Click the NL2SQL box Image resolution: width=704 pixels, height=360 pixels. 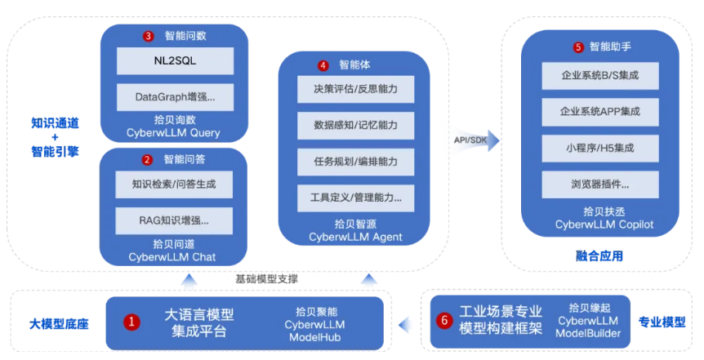[x=174, y=60]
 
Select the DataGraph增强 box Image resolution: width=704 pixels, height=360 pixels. [x=174, y=96]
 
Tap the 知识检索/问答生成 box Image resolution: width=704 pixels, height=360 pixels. [x=173, y=184]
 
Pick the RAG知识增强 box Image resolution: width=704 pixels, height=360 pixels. [x=173, y=220]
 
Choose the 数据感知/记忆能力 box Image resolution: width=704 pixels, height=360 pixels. [x=355, y=125]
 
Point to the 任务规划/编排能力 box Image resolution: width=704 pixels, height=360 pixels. [x=355, y=161]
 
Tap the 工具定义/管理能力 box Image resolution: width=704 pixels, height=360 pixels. [x=355, y=197]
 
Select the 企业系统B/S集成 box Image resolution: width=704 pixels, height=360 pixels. [x=600, y=76]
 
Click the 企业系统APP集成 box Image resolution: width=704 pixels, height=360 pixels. [x=600, y=112]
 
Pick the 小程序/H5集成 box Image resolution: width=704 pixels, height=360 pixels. [x=600, y=148]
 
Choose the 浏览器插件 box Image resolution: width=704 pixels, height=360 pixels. [x=600, y=184]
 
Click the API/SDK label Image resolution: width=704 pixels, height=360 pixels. [x=471, y=140]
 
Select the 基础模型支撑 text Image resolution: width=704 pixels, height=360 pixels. [x=266, y=278]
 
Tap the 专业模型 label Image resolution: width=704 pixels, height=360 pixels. [x=662, y=322]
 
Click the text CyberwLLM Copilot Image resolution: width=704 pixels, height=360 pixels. [x=604, y=224]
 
